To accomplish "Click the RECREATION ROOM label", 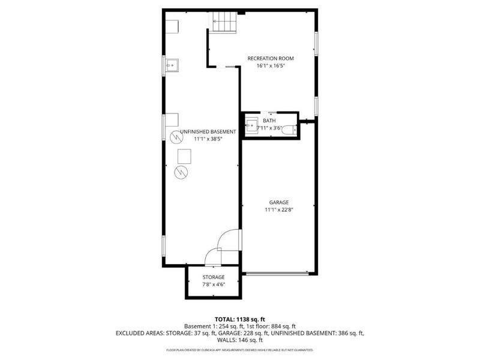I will point(271,58).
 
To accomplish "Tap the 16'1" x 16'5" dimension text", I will point(271,65).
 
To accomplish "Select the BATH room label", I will point(270,121).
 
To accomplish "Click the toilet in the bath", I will point(287,130).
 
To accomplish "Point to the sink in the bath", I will point(252,127).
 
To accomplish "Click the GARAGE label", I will point(278,203).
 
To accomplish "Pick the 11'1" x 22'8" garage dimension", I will point(278,210).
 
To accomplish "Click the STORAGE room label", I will point(213,277).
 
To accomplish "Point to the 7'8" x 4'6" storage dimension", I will point(213,284).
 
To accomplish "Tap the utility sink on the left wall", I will point(171,64).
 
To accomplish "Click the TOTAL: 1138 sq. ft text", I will point(240,319).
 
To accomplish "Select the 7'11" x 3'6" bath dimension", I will point(270,128).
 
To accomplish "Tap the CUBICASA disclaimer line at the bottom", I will point(240,350).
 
